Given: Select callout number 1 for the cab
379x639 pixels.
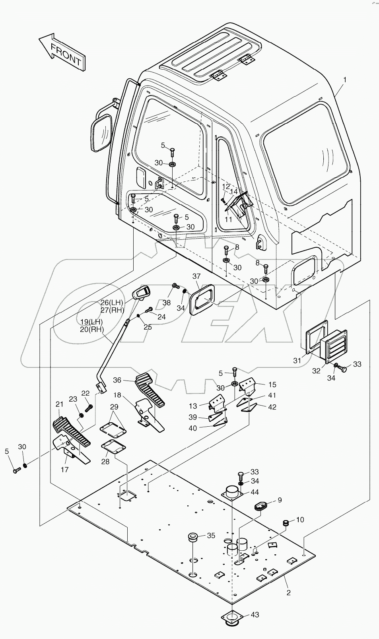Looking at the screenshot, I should pyautogui.click(x=344, y=80).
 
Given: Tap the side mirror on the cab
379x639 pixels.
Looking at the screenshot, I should pyautogui.click(x=102, y=132).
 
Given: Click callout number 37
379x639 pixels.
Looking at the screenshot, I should pyautogui.click(x=196, y=276).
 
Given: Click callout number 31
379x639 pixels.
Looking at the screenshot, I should pyautogui.click(x=297, y=361).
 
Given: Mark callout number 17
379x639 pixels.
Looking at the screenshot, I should pyautogui.click(x=64, y=469).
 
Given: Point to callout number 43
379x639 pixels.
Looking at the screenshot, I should pyautogui.click(x=255, y=614).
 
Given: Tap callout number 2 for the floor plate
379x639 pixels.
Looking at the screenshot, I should pyautogui.click(x=289, y=592).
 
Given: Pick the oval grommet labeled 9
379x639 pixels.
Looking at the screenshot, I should pyautogui.click(x=260, y=505).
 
